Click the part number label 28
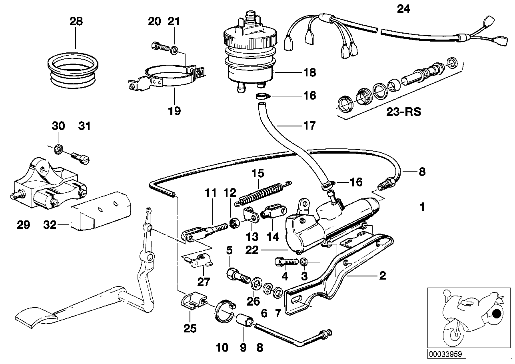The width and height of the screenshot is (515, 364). tap(76, 21)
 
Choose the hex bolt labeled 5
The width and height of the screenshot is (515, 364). tap(237, 276)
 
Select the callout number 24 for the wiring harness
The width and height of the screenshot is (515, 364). tap(403, 9)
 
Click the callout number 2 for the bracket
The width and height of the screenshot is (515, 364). tap(382, 276)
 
